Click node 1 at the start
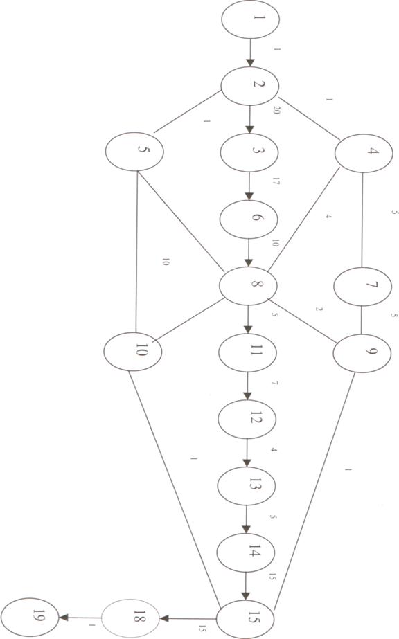point(250,19)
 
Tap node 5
point(134,151)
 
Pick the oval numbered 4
point(364,153)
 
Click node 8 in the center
point(248,286)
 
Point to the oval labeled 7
point(363,287)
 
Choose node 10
point(132,351)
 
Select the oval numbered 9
point(362,353)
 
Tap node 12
point(247,420)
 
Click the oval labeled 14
point(246,552)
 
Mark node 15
point(245,620)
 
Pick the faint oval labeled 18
point(130,618)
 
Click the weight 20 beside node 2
point(276,109)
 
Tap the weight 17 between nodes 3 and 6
point(276,181)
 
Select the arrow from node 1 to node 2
point(250,53)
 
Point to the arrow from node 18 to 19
point(80,618)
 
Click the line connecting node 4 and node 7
point(362,220)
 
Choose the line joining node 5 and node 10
point(136,251)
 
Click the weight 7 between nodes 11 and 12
point(274,383)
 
